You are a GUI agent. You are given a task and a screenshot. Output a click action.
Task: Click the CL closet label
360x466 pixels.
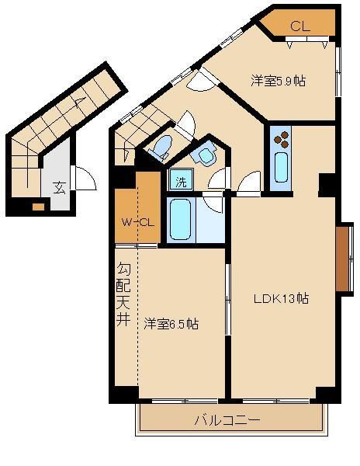point(300,26)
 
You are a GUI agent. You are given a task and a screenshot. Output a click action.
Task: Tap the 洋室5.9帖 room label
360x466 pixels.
point(276,79)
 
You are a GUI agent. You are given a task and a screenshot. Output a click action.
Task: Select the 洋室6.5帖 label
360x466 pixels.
point(171,324)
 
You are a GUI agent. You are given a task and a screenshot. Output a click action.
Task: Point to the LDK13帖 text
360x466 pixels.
point(284,298)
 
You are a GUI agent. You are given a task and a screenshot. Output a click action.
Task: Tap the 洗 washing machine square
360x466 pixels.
point(181,183)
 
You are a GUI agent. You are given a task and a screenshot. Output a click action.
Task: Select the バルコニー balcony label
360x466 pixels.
point(227,420)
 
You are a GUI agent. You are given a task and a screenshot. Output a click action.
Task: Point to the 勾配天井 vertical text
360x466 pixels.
point(123,295)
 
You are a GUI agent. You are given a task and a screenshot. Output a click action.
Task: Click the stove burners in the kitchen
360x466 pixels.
point(282,141)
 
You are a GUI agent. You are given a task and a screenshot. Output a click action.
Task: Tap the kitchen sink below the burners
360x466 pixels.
point(281,167)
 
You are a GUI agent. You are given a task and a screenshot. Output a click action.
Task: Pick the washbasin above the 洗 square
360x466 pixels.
point(207,156)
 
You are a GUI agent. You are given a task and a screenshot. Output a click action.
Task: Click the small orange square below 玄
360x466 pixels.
point(38,207)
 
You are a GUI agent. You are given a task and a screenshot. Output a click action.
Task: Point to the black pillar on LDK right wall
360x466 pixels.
point(327,184)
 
